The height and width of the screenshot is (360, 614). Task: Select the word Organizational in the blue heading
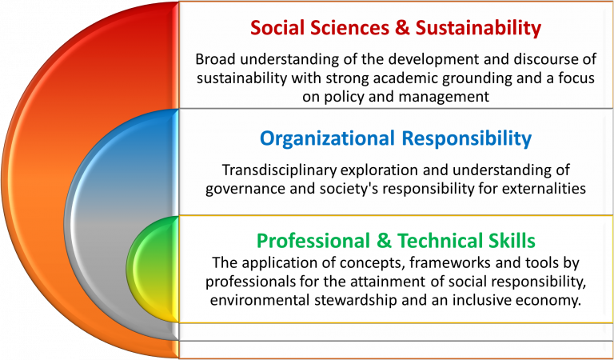coord(327,138)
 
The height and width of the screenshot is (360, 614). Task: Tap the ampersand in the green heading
coord(384,241)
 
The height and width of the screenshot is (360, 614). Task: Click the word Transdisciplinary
coord(280,170)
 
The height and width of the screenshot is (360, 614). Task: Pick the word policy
coord(343,97)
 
